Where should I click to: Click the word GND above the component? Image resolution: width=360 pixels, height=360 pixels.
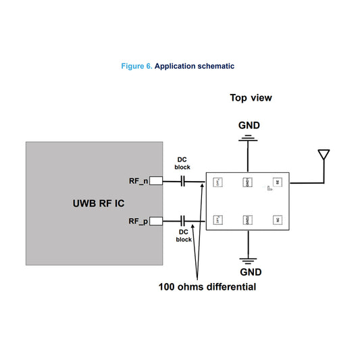248,126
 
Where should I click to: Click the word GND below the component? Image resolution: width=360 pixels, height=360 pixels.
249,272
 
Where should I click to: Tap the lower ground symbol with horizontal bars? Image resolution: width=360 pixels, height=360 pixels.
249,259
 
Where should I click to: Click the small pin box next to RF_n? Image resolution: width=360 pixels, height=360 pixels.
155,181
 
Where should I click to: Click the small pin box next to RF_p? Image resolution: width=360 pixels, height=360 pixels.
155,220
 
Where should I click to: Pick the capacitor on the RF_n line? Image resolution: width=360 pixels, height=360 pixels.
183,181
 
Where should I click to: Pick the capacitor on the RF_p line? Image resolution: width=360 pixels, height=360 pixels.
183,220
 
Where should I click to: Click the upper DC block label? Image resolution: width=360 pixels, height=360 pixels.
183,164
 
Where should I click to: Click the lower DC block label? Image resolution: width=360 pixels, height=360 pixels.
184,235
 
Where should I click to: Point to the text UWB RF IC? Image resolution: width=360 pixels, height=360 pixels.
99,203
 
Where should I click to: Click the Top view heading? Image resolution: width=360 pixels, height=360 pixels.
251,98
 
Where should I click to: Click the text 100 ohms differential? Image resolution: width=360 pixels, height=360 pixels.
207,287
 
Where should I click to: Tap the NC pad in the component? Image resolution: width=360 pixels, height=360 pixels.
277,220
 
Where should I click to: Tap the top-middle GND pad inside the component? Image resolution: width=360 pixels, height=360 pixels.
247,182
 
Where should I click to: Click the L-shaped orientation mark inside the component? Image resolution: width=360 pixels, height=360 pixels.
269,188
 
